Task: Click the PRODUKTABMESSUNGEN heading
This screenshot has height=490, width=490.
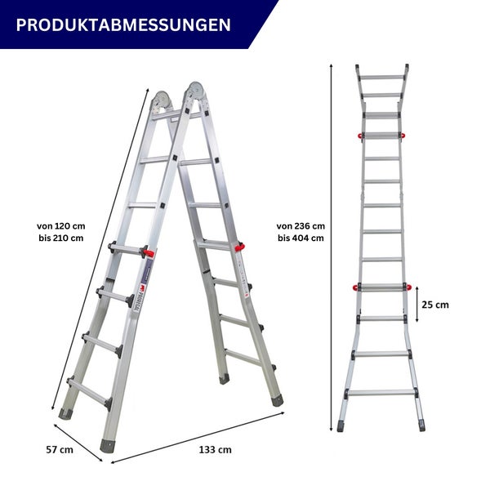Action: [x=122, y=24]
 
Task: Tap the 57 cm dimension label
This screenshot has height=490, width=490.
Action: [x=60, y=449]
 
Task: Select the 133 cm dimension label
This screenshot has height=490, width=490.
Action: [x=215, y=449]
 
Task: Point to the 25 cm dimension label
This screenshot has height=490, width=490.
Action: [x=435, y=305]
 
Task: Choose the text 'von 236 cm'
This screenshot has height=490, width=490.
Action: [x=301, y=225]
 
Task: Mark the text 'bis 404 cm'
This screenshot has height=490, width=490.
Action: [x=301, y=238]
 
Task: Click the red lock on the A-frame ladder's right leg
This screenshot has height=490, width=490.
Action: [x=240, y=247]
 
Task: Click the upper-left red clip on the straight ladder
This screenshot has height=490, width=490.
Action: [x=359, y=134]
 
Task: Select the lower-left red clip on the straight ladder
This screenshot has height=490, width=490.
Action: [x=357, y=286]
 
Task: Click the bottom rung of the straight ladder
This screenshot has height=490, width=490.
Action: [x=382, y=393]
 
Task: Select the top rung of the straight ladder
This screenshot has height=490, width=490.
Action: [x=382, y=78]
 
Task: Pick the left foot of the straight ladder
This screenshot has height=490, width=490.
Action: [x=343, y=425]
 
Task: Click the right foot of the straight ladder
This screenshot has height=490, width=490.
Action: [x=421, y=425]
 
